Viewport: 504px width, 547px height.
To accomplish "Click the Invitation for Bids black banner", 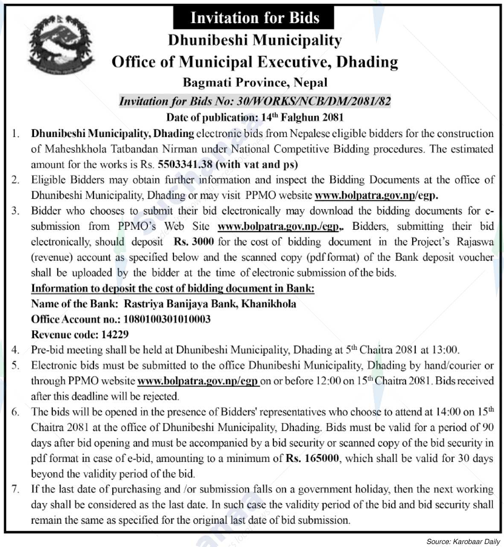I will pyautogui.click(x=254, y=18).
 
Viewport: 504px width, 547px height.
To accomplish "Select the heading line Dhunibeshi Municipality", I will pyautogui.click(x=255, y=40).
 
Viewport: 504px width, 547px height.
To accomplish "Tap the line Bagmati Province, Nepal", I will pyautogui.click(x=255, y=82).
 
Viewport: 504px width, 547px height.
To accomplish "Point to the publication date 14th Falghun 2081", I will pyautogui.click(x=301, y=117).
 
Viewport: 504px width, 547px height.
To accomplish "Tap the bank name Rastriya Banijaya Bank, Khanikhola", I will pyautogui.click(x=210, y=304).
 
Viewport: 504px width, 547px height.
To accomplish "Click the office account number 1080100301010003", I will pyautogui.click(x=167, y=319).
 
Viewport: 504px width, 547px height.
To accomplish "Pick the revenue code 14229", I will pyautogui.click(x=115, y=334).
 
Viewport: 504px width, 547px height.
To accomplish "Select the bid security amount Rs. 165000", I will pyautogui.click(x=312, y=459).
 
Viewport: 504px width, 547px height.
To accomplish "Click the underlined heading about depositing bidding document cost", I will pyautogui.click(x=172, y=288).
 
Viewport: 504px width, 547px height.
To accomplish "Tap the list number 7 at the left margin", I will pyautogui.click(x=16, y=489).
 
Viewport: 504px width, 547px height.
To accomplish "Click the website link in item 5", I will pyautogui.click(x=198, y=381).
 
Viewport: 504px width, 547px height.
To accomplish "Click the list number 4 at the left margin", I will pyautogui.click(x=16, y=350).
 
